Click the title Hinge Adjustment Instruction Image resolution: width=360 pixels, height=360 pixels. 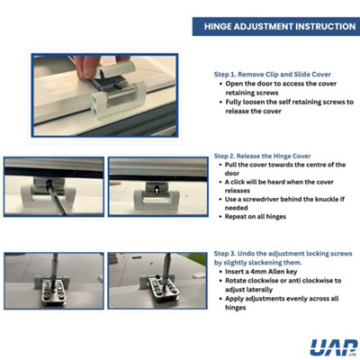(280, 26)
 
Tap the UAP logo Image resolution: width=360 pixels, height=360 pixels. (334, 347)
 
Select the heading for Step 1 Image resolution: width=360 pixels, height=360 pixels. (273, 75)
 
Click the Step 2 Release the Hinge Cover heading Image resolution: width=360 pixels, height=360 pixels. (262, 156)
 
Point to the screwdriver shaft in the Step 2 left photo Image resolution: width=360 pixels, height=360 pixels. (57, 199)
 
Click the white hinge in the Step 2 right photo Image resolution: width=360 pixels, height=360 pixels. (157, 197)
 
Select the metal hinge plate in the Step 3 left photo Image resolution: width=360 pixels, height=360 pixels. (53, 292)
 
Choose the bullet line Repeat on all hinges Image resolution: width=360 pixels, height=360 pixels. (256, 217)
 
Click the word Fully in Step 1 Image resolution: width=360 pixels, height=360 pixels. (233, 103)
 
